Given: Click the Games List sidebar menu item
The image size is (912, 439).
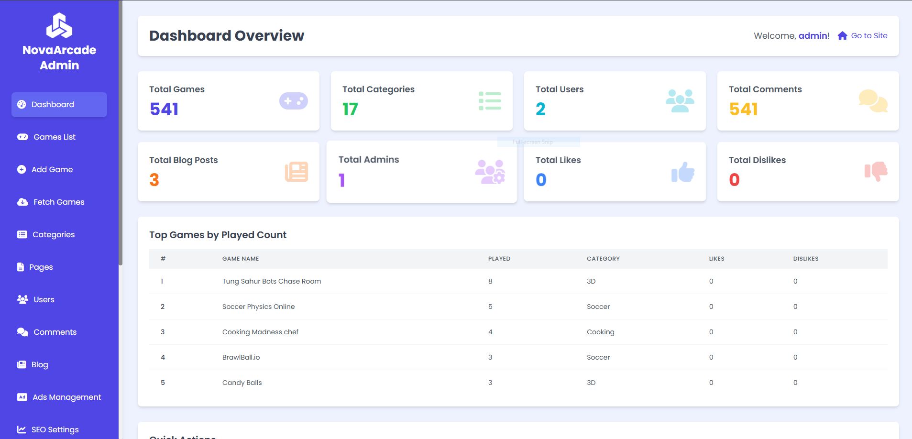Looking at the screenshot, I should (x=54, y=137).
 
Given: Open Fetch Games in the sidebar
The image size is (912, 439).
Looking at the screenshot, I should (x=58, y=202).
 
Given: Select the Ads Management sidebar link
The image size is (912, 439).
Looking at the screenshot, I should (x=66, y=397).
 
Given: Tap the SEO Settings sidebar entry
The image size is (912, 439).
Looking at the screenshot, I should (x=55, y=429).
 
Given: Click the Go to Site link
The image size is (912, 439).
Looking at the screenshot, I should (x=868, y=35).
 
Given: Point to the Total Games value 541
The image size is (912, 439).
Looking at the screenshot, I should (x=164, y=110).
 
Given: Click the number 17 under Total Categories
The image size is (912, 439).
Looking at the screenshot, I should (x=350, y=110).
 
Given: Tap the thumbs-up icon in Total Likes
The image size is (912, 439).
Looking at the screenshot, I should (x=682, y=172).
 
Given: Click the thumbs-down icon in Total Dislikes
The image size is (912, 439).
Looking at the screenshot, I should (x=876, y=171).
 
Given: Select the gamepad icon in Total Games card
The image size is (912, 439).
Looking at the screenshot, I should (x=293, y=101).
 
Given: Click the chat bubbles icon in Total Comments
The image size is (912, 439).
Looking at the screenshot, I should (x=873, y=101).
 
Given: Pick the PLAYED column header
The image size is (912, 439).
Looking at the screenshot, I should (x=499, y=259).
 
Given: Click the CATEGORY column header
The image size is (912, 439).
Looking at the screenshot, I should (x=603, y=259).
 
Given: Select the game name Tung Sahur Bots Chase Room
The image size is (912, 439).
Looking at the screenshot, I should (x=271, y=281).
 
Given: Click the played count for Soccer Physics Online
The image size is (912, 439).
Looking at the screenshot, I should (x=490, y=307).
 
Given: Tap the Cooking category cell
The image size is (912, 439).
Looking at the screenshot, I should (x=600, y=332).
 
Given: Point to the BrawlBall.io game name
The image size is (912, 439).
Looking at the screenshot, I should (x=241, y=357).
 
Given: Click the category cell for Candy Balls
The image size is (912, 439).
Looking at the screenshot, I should (x=591, y=383).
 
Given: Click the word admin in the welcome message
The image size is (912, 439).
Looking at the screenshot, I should (x=813, y=35).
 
